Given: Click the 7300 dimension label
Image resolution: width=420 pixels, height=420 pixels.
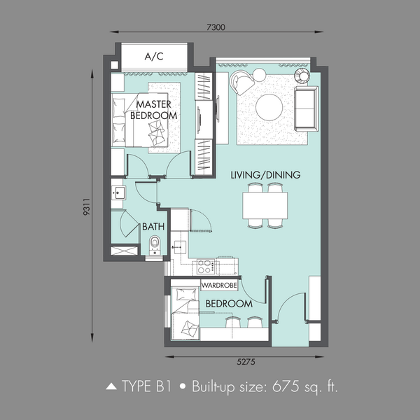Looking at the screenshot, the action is (x=216, y=27).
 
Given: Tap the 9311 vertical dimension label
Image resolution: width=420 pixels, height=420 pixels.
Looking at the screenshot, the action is (x=87, y=206).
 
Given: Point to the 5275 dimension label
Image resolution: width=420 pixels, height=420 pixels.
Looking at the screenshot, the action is (x=246, y=362).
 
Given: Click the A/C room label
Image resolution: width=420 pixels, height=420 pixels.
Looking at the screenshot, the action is (x=154, y=56).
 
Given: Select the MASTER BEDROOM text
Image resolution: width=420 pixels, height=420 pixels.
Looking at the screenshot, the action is (x=154, y=110).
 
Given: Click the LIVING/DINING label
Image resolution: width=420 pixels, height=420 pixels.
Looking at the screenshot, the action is (x=265, y=175).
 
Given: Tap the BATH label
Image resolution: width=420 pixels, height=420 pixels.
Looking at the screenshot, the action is (x=153, y=227).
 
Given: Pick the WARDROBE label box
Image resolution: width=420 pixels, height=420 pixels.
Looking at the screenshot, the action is (x=219, y=285).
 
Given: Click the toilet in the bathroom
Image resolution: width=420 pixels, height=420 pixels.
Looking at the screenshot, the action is (x=155, y=244).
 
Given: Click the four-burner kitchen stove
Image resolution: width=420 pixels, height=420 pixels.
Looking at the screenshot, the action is (x=205, y=267).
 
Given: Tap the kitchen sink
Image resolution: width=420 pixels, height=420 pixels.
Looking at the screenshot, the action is (x=180, y=247).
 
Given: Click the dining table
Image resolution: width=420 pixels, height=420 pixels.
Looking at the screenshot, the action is (x=265, y=205).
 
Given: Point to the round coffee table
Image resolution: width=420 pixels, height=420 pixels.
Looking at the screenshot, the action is (x=269, y=107).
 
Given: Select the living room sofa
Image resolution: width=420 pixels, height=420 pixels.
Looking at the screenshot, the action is (x=307, y=108).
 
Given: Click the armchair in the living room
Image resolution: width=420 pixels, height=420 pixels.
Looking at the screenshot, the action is (x=241, y=82).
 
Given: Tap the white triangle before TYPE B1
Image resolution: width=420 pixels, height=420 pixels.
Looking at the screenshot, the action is (x=111, y=386).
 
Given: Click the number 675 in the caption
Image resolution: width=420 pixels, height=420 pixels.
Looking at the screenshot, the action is (x=286, y=386).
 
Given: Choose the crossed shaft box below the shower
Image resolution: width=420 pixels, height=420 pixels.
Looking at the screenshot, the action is (x=124, y=251).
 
